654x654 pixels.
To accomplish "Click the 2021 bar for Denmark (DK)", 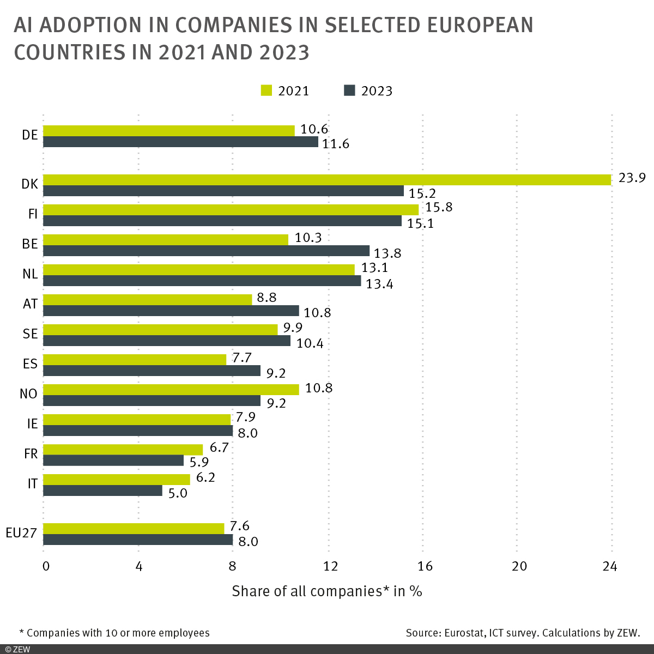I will click(327, 180).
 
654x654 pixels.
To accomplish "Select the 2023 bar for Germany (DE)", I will click(180, 142).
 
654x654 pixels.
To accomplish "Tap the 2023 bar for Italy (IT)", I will click(102, 491).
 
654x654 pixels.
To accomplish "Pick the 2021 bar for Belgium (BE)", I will click(166, 240).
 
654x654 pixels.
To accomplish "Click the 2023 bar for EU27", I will click(138, 540).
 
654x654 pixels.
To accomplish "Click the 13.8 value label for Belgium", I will click(387, 253).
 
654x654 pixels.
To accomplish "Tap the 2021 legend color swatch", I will click(267, 90).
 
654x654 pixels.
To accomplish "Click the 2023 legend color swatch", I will click(349, 90).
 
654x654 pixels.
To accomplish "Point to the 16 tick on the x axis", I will click(424, 566).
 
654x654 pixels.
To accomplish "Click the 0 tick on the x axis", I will click(46, 566).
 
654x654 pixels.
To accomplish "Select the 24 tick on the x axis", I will click(610, 566).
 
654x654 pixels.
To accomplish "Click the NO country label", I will click(28, 393).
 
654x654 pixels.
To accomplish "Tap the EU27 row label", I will click(21, 533).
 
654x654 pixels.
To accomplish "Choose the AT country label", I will click(30, 304).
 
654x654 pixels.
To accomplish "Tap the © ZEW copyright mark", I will click(17, 649).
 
